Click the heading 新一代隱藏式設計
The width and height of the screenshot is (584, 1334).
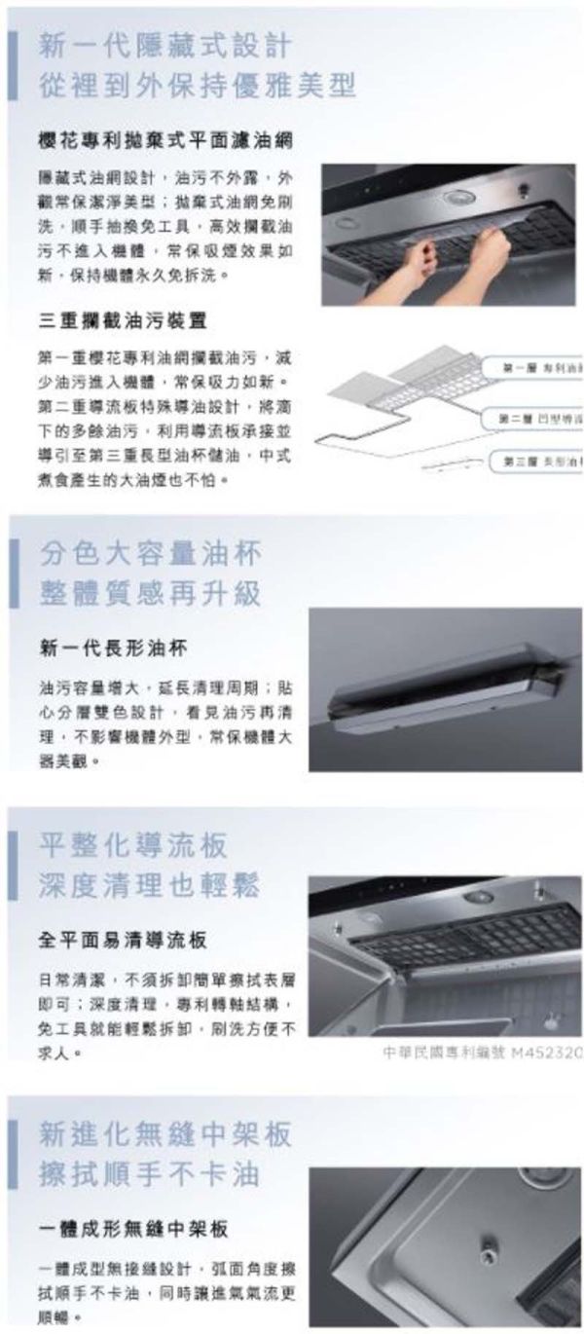point(164,45)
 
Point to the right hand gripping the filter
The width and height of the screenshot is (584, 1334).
point(488,251)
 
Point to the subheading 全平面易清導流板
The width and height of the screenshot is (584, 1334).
point(123,941)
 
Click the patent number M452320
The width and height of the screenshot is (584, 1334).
point(483,1053)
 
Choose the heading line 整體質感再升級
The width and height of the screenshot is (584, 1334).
point(151,593)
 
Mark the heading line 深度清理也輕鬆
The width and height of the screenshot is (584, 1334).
point(151,885)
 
